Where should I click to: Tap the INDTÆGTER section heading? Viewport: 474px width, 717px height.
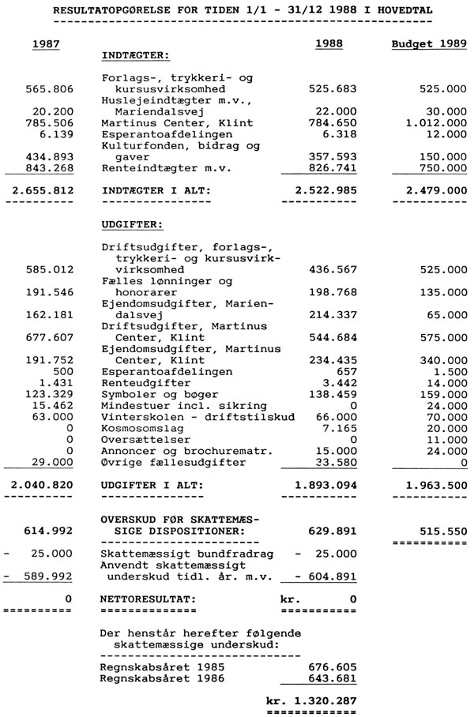pyautogui.click(x=136, y=55)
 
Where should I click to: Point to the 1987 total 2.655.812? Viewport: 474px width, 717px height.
pyautogui.click(x=38, y=190)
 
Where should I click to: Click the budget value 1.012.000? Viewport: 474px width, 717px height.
pyautogui.click(x=433, y=123)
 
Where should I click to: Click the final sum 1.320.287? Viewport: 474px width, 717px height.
pyautogui.click(x=312, y=700)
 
